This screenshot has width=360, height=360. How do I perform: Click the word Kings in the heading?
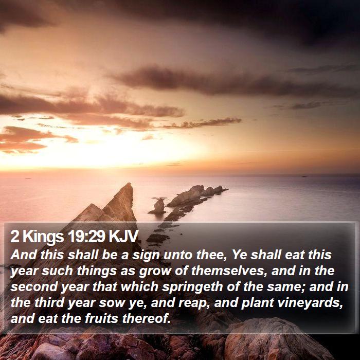(43, 237)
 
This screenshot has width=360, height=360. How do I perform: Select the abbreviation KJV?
(123, 236)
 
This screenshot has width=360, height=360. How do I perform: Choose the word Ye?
(239, 255)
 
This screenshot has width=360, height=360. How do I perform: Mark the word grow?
(155, 272)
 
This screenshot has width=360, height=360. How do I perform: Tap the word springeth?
(192, 287)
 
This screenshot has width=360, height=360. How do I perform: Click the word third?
(49, 302)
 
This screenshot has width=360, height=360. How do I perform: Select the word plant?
(257, 303)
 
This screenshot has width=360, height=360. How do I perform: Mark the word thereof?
(147, 318)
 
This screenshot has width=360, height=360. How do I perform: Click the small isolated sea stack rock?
(158, 206)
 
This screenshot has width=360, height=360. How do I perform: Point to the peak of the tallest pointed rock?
(130, 183)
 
